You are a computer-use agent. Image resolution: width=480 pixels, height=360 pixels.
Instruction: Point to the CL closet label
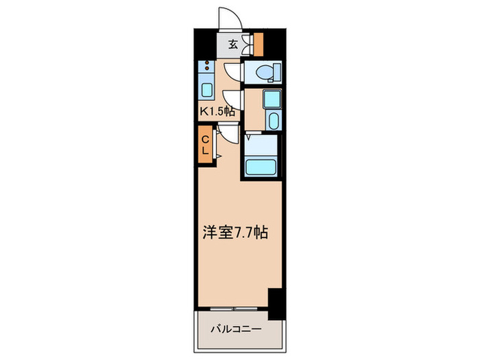click(205, 145)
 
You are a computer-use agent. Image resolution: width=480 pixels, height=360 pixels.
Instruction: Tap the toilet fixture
click(263, 71)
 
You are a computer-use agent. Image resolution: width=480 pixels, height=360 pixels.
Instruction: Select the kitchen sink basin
click(206, 90)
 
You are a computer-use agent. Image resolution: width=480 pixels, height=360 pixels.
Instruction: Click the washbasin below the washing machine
click(272, 121)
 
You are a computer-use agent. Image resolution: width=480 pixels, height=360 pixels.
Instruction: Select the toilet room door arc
click(233, 71)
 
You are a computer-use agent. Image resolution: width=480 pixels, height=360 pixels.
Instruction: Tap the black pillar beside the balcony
click(276, 302)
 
